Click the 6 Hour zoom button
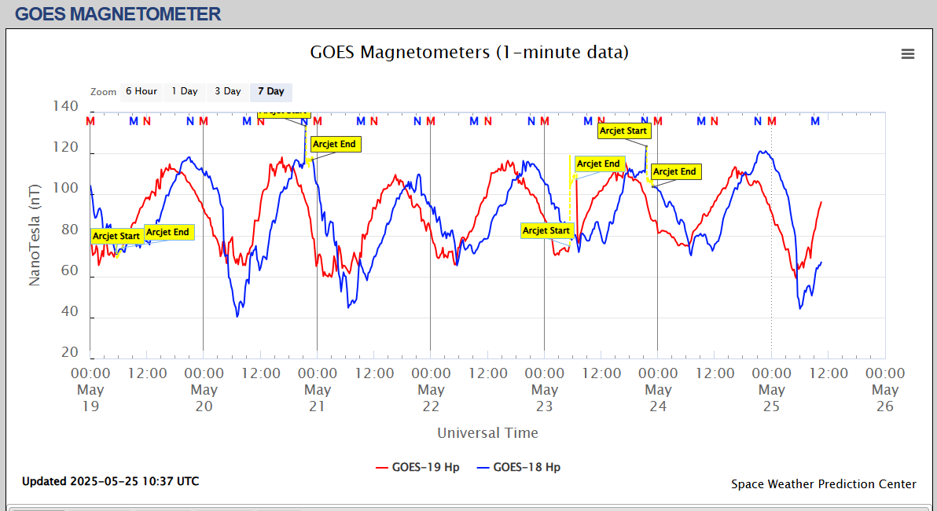[x=141, y=91]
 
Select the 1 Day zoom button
[x=185, y=91]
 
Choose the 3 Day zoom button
[x=228, y=91]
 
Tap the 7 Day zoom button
[x=271, y=91]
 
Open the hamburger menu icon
[x=908, y=53]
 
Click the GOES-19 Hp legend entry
[x=417, y=467]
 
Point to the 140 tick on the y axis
[x=65, y=106]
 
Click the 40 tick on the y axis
[x=69, y=311]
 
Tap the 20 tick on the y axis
[x=70, y=352]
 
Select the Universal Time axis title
[x=487, y=433]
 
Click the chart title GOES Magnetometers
[x=469, y=53]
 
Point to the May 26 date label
[x=885, y=398]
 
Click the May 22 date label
[x=431, y=398]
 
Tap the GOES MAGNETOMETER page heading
[x=118, y=13]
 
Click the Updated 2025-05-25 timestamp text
[x=110, y=481]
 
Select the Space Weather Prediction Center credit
[x=823, y=484]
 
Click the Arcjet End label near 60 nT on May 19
[x=168, y=232]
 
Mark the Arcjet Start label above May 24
[x=623, y=131]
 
